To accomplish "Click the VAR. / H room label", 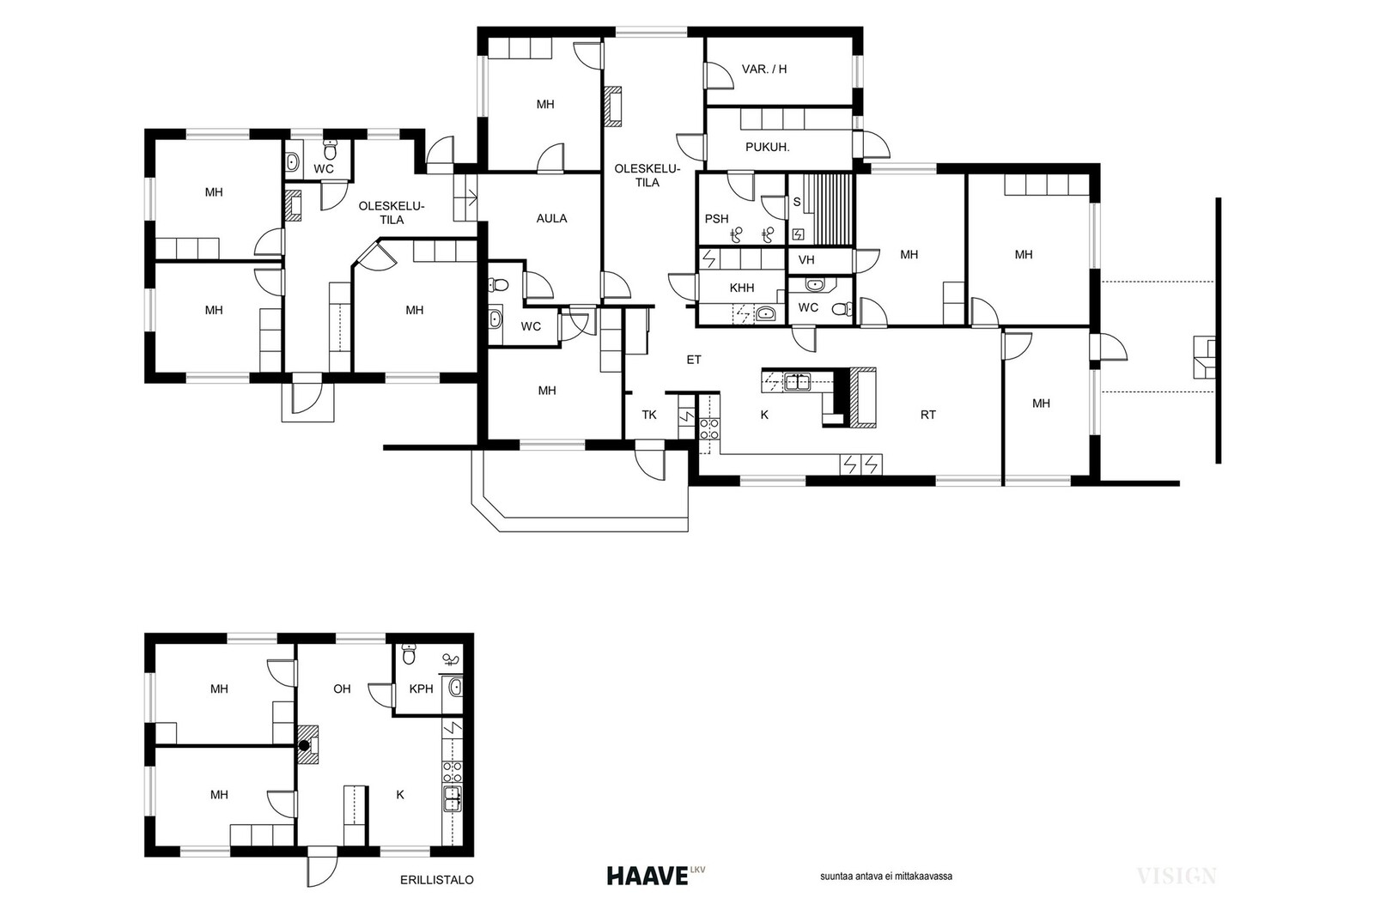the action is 763,70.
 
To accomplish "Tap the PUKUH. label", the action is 768,147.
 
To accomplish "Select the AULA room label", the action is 551,218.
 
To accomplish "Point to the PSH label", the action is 716,218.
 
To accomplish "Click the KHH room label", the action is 742,288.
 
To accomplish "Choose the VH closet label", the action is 806,260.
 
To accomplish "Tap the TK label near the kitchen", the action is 649,415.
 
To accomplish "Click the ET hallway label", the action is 694,360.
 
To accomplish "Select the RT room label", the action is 928,415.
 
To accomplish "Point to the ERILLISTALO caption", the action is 437,880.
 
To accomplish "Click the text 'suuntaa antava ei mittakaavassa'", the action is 885,877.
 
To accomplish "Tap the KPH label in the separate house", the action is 421,689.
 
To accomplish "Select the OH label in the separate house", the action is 342,689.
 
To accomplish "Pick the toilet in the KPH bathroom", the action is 408,653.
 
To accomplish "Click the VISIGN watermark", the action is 1176,877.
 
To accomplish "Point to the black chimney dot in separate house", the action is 304,745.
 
